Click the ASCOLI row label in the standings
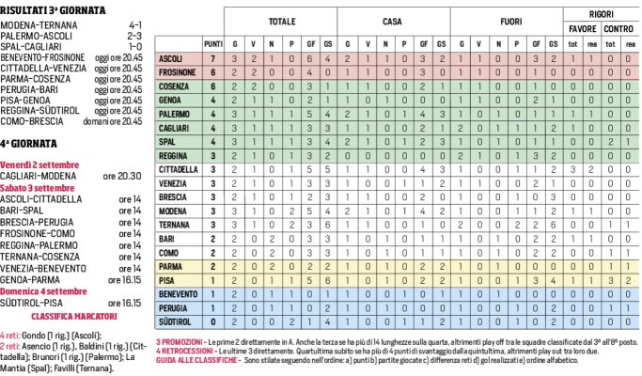pyautogui.click(x=178, y=58)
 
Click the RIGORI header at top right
pyautogui.click(x=601, y=12)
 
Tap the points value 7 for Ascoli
pyautogui.click(x=213, y=58)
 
